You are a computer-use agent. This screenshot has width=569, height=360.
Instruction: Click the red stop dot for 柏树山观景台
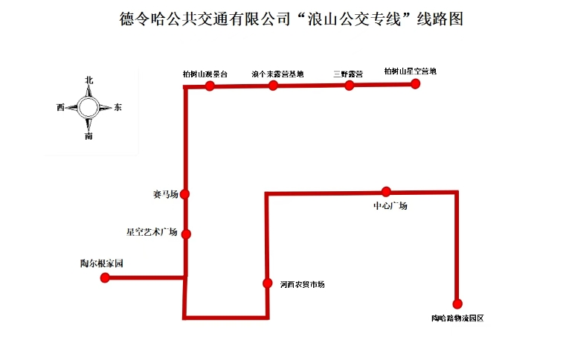210,86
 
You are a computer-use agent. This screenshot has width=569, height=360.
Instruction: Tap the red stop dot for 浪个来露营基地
273,86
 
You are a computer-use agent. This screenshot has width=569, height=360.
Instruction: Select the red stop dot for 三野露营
349,86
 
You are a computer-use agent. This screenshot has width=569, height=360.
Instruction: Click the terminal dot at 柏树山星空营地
416,84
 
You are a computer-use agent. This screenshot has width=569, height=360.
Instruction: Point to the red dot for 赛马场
184,194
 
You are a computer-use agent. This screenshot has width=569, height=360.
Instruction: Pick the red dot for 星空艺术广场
186,234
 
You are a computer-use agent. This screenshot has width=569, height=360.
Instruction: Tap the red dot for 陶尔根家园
105,278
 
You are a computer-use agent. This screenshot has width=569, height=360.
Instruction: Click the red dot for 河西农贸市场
267,283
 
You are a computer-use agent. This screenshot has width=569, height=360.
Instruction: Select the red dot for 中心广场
385,191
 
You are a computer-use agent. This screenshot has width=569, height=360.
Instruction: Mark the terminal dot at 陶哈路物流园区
457,303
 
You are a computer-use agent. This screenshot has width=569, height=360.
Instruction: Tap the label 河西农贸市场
302,284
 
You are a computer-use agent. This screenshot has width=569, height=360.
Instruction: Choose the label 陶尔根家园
101,264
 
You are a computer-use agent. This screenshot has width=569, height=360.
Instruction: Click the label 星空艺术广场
152,232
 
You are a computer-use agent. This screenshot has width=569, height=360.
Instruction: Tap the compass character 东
118,108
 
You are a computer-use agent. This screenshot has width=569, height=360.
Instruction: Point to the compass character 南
89,136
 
